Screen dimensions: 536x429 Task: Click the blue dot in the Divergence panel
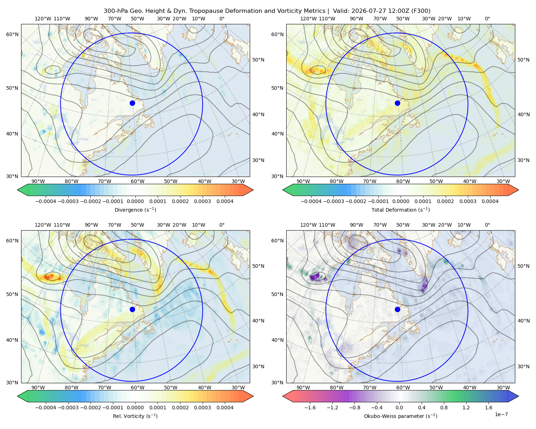pyautogui.click(x=132, y=103)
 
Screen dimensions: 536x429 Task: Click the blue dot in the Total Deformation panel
pyautogui.click(x=397, y=103)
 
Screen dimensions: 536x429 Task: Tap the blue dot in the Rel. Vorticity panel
pyautogui.click(x=132, y=309)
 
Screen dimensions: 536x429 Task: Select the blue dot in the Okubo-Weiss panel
pyautogui.click(x=397, y=309)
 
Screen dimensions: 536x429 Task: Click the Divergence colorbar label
pyautogui.click(x=135, y=210)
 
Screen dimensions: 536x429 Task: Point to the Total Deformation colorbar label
pyautogui.click(x=401, y=210)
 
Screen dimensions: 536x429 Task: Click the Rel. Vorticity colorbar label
pyautogui.click(x=135, y=416)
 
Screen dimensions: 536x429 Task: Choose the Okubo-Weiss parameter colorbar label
pyautogui.click(x=401, y=416)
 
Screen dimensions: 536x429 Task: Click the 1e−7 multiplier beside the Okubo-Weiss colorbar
pyautogui.click(x=501, y=414)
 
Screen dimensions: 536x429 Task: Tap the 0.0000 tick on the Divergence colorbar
pyautogui.click(x=135, y=201)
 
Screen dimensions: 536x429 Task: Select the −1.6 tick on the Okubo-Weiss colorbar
pyautogui.click(x=310, y=408)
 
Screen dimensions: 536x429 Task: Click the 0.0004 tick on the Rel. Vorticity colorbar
pyautogui.click(x=225, y=408)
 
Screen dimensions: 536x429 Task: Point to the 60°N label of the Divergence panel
pyautogui.click(x=12, y=34)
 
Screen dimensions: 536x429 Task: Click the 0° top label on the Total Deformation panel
pyautogui.click(x=487, y=19)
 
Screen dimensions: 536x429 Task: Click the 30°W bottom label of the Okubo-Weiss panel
pyautogui.click(x=503, y=388)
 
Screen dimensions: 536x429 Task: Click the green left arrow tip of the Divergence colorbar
pyautogui.click(x=18, y=190)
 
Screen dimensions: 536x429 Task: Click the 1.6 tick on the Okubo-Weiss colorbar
pyautogui.click(x=488, y=408)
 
